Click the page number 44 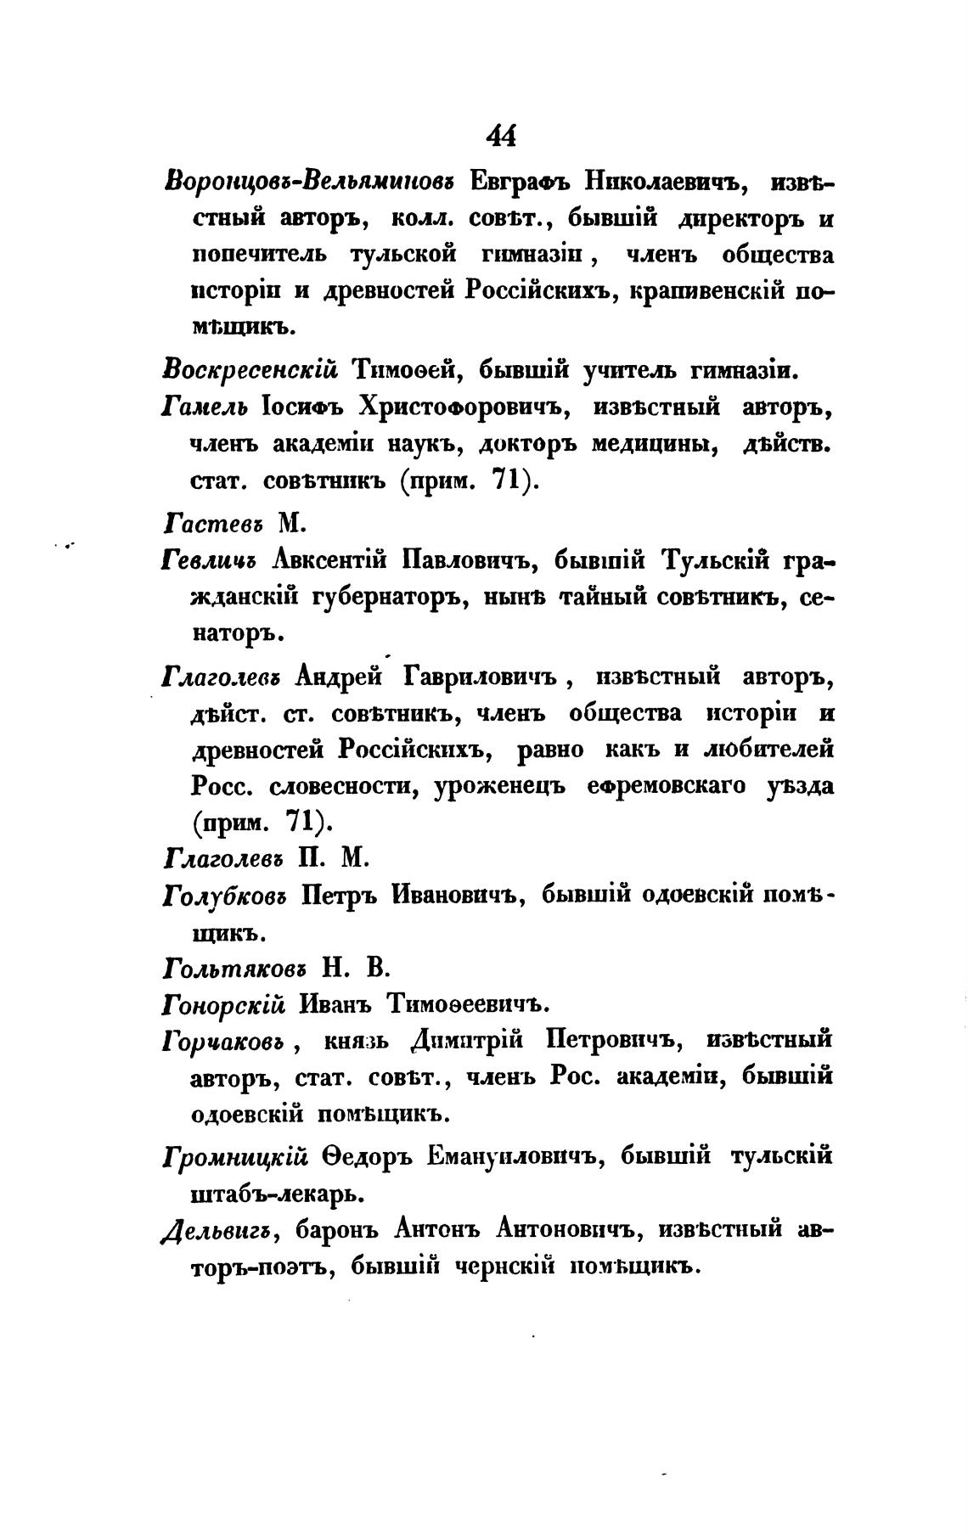(501, 135)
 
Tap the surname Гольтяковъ (235, 967)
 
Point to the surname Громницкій (234, 1156)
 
